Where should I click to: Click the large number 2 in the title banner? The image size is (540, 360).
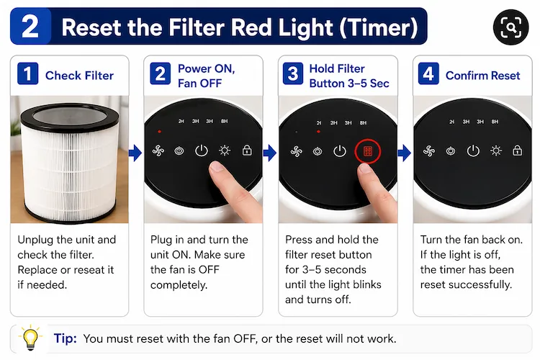point(30,27)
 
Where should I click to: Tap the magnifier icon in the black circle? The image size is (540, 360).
point(510,28)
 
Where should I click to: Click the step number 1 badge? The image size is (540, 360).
point(27,75)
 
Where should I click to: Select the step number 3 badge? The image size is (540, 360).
point(292,75)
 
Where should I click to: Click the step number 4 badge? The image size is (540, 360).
point(428,75)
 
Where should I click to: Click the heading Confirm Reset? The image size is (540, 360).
point(482,76)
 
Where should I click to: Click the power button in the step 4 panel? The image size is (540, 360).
point(473,150)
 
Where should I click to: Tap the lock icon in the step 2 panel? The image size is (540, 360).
point(247,150)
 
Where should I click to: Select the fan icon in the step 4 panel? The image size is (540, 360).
point(429,150)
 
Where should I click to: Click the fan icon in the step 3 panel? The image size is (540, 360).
point(296,151)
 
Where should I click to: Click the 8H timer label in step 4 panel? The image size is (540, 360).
point(495,122)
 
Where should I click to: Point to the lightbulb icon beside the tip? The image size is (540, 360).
point(31,337)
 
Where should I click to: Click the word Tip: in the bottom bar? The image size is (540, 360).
point(66,338)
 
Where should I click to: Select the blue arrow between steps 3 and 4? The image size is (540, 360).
point(404,152)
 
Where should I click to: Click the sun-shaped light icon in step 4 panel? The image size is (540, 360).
point(495,150)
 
